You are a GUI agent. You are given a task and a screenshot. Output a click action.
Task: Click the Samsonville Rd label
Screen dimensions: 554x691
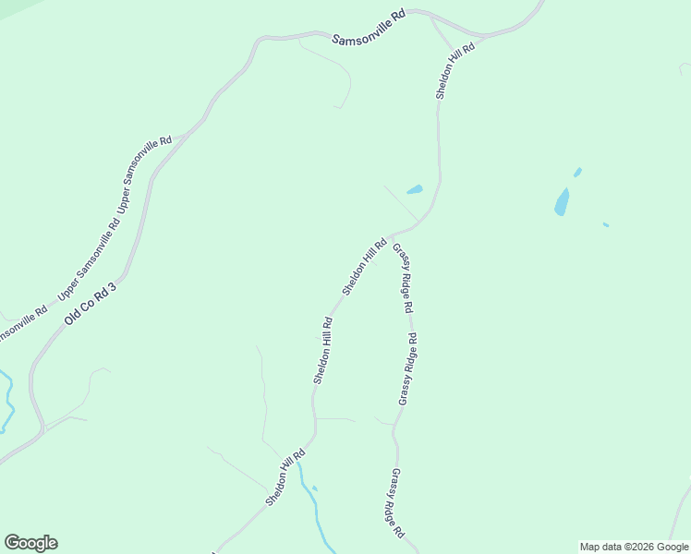tap(370, 28)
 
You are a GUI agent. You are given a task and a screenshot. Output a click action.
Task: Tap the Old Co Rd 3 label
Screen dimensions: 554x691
tap(91, 304)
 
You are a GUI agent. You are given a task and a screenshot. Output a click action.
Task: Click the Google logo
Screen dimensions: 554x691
tap(30, 543)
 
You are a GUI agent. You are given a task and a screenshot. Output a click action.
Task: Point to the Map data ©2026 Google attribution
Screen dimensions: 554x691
tap(635, 547)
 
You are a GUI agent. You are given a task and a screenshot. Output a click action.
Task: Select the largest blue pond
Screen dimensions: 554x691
tap(562, 201)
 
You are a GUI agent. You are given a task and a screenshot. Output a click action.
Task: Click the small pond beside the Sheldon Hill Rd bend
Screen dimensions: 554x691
tap(415, 190)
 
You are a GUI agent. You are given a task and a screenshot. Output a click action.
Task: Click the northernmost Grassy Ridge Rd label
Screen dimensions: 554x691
tap(403, 278)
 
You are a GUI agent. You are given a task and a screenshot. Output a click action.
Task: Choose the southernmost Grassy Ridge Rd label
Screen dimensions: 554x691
tap(396, 503)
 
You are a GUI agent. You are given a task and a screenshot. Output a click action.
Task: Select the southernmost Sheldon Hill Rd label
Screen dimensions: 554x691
tap(285, 477)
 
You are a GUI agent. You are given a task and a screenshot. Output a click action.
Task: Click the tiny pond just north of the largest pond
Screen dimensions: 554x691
tap(577, 172)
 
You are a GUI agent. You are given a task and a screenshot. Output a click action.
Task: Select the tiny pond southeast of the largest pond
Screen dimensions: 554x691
tap(605, 224)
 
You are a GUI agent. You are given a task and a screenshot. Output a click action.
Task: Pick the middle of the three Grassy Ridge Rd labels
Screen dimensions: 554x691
tap(407, 368)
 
